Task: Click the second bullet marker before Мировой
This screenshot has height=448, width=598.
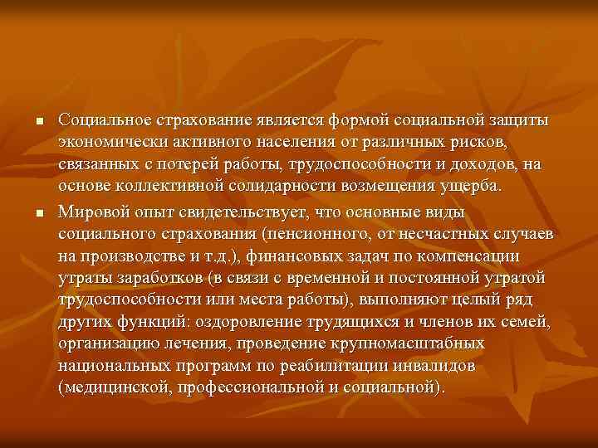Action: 38,214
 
